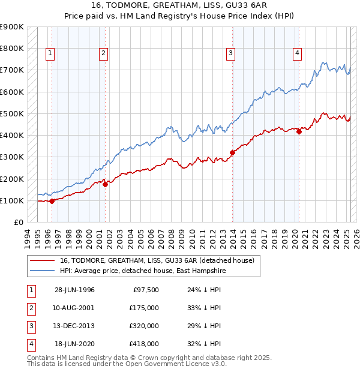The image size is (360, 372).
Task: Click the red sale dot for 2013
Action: [x=232, y=152]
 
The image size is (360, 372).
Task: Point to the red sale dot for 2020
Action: [x=299, y=131]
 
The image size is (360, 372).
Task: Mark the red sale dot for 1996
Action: [x=52, y=201]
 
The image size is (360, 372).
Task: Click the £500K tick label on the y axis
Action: [x=12, y=113]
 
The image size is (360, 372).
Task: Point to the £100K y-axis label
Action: [x=12, y=200]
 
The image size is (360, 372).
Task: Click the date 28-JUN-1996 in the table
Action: [x=74, y=290]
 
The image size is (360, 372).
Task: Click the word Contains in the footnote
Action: [x=41, y=358]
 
